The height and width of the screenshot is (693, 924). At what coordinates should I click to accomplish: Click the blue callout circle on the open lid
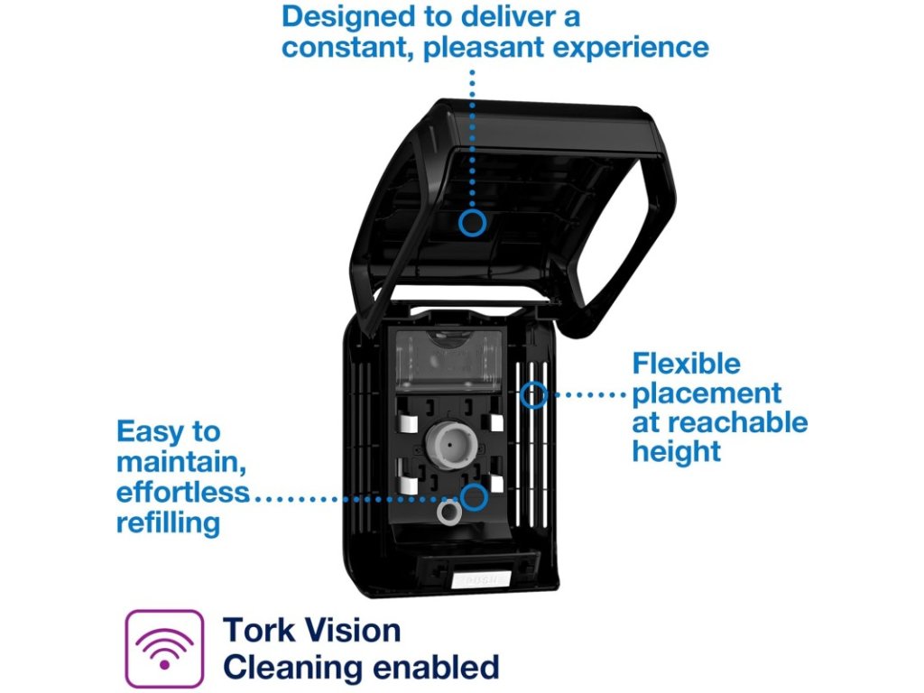pyautogui.click(x=472, y=222)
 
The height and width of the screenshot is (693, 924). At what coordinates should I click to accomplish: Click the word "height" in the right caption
pyautogui.click(x=677, y=451)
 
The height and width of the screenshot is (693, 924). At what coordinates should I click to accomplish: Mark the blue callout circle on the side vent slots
pyautogui.click(x=535, y=394)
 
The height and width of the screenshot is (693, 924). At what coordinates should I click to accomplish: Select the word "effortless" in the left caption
pyautogui.click(x=182, y=493)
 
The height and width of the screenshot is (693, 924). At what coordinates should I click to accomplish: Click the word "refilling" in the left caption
pyautogui.click(x=168, y=522)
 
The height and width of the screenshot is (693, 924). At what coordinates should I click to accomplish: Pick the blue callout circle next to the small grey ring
pyautogui.click(x=473, y=496)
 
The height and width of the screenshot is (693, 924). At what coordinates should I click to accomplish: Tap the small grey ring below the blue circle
pyautogui.click(x=448, y=513)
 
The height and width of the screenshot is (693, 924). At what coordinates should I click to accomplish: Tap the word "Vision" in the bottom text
pyautogui.click(x=352, y=630)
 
